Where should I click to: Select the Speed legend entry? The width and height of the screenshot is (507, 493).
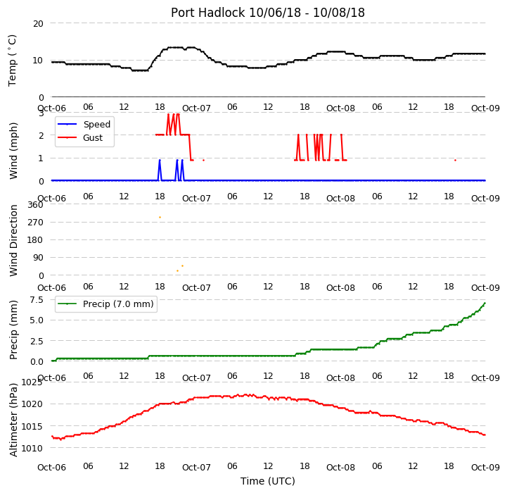coord(84,124)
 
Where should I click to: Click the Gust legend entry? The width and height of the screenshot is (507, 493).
coord(80,137)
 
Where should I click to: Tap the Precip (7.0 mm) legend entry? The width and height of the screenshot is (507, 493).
coord(105,304)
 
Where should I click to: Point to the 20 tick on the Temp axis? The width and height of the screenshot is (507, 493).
coord(38,24)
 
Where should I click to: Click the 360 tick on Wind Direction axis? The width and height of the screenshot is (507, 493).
coord(36,205)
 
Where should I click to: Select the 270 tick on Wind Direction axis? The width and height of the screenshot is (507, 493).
coord(36,223)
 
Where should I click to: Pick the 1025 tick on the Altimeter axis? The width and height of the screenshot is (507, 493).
coord(32,382)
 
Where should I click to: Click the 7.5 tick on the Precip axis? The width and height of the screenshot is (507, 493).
coord(37,299)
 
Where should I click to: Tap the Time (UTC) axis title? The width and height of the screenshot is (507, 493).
coord(268,481)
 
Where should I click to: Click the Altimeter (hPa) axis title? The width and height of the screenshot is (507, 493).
coord(13,420)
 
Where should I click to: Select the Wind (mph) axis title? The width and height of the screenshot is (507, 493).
coord(13,151)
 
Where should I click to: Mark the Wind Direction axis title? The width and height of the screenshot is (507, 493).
coord(13,240)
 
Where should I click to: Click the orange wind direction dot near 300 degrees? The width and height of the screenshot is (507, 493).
coord(160,217)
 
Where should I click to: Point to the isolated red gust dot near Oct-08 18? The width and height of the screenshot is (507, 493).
coord(455,160)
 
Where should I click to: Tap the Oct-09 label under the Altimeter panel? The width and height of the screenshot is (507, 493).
coord(485,468)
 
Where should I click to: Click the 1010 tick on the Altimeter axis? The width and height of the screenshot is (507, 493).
coord(32,449)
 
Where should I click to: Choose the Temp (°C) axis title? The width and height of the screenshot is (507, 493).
coord(12,61)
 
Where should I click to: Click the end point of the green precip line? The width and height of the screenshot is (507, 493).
coord(485,303)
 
